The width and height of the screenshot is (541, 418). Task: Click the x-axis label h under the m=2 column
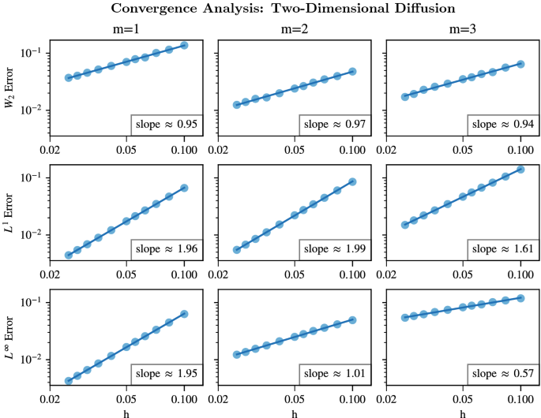tap(295, 411)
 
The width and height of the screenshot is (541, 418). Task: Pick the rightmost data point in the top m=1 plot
tap(185, 45)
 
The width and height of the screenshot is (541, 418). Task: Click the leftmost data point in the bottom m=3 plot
tap(404, 317)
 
